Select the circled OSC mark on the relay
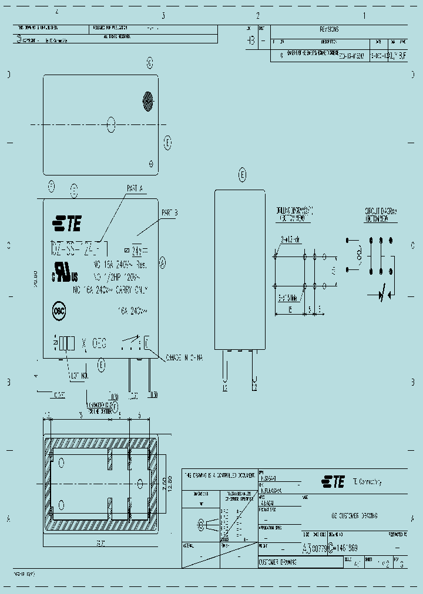point(59,312)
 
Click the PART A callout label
point(135,188)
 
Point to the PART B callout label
point(169,212)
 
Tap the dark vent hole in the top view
point(147,101)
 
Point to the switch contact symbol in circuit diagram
point(380,293)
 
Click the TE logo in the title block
point(333,482)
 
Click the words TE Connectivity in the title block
point(367,482)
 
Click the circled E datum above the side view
point(242,174)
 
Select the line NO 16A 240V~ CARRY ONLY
point(110,290)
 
